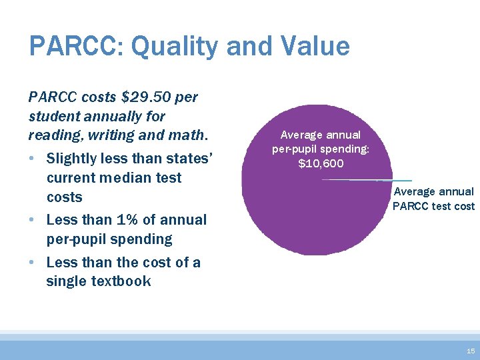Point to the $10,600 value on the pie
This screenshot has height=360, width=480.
pyautogui.click(x=321, y=163)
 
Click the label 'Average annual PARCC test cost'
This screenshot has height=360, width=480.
pyautogui.click(x=433, y=199)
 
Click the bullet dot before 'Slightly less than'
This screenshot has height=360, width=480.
pyautogui.click(x=33, y=159)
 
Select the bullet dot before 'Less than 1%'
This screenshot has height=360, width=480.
pyautogui.click(x=33, y=220)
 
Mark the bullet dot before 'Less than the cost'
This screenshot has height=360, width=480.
pyautogui.click(x=33, y=263)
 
